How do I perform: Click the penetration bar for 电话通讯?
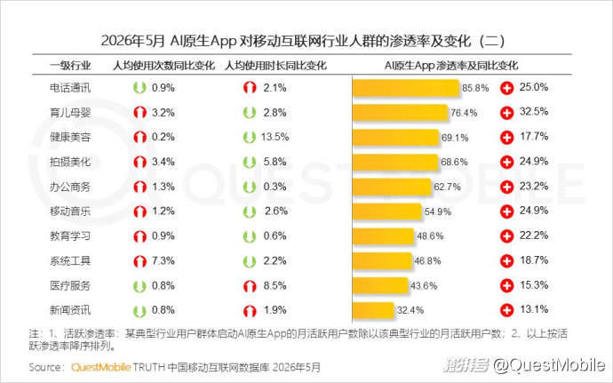coord(406,88)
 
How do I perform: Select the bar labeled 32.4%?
coord(373,310)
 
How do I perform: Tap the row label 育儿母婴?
coord(70,113)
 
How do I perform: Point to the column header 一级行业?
coord(70,65)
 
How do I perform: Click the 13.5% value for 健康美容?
coord(275,137)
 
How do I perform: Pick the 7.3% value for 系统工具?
coord(163,260)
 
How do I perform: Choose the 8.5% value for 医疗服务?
coord(275,285)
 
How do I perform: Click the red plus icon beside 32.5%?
coord(506,113)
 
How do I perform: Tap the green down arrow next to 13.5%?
coord(249,138)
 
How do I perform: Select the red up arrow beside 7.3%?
coord(139,261)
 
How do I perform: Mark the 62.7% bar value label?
coord(447,187)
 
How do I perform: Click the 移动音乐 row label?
coord(70,211)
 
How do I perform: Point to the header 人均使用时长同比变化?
coord(275,65)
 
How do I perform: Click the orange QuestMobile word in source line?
coord(101,367)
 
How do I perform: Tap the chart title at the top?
coord(303,41)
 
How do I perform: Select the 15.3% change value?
coord(534,284)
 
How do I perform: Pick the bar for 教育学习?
coord(383,235)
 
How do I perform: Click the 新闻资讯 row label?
coord(70,310)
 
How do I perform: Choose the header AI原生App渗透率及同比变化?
coord(451,65)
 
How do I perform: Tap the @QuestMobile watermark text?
coord(549,365)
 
